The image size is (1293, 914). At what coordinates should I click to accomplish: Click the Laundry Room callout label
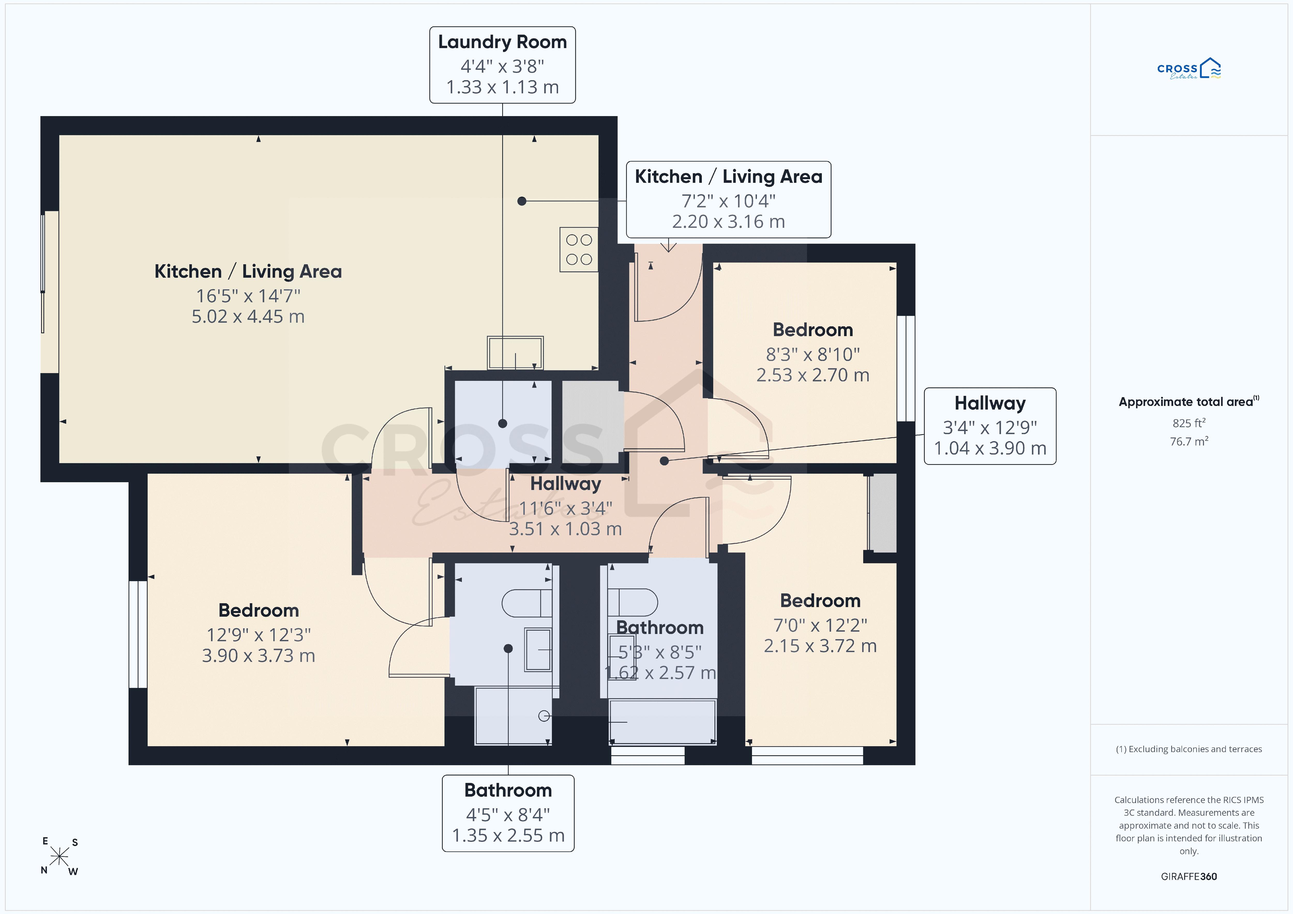[502, 65]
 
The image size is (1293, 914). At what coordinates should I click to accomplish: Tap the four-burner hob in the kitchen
[579, 250]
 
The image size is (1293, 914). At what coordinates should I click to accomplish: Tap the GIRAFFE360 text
[1189, 876]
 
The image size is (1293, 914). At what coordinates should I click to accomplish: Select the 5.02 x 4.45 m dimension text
[248, 316]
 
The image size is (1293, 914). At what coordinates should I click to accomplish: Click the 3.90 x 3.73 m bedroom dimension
[259, 655]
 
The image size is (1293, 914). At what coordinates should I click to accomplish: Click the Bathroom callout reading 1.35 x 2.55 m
[508, 813]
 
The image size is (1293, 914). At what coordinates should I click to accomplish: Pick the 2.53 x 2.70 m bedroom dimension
[813, 375]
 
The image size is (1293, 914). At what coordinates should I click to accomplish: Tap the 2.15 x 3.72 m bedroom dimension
[820, 646]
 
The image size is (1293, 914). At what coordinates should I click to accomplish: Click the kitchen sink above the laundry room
[515, 353]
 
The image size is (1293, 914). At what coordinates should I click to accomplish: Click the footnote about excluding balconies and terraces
[1189, 749]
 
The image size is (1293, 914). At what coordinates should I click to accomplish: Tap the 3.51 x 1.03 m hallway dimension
[565, 529]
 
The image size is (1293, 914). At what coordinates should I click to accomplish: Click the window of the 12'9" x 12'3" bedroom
[138, 634]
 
